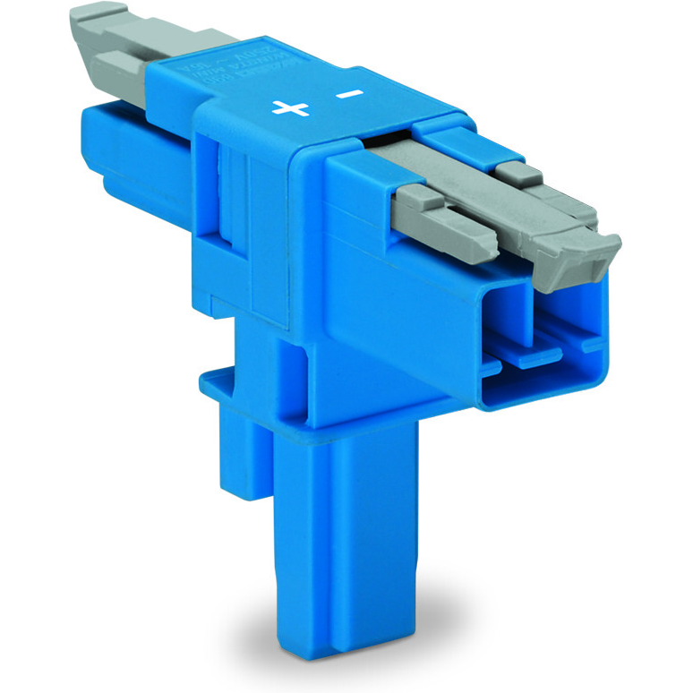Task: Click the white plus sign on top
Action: coord(290,108)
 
